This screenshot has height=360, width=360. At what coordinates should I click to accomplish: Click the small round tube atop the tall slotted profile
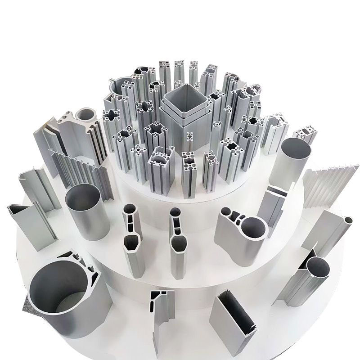[86, 115]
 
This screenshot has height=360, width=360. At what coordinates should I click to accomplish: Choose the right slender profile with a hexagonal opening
[177, 243]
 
